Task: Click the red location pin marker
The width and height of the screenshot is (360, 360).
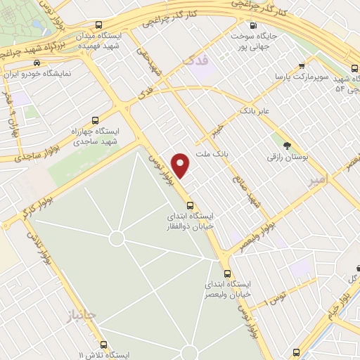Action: coord(181,165)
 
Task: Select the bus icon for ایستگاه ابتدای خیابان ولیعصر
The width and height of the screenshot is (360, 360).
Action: coord(226,273)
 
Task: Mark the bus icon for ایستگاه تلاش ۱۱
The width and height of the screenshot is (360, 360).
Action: coord(104,345)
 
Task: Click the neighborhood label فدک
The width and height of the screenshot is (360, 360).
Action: coord(191,63)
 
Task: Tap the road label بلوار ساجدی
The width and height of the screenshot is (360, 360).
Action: coord(20,157)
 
